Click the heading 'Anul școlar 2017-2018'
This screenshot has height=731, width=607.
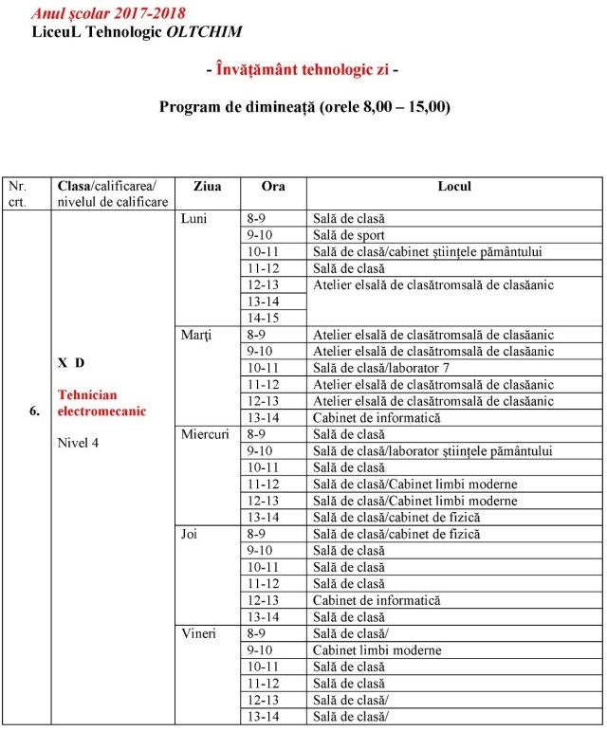pos(107,14)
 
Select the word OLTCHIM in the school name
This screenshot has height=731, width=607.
pos(204,31)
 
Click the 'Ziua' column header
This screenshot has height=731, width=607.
pos(207,187)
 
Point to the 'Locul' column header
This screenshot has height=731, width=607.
pos(454,187)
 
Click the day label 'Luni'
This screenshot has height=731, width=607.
pos(195,219)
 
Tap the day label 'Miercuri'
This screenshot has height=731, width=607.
pos(204,434)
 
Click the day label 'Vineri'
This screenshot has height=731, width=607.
pos(199,633)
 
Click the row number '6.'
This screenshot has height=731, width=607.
pos(34,411)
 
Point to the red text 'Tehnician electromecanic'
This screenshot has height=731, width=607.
pos(101,402)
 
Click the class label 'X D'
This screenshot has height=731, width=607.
pos(71,363)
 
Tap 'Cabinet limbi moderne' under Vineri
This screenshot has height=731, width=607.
pos(377,650)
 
